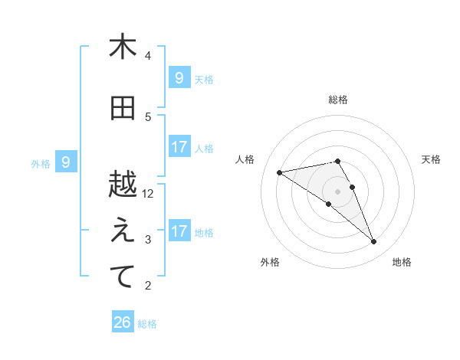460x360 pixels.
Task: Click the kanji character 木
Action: click(x=123, y=47)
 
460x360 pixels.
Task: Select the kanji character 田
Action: click(x=123, y=109)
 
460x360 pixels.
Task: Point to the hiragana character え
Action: click(x=123, y=231)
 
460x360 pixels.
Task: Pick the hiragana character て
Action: click(x=123, y=277)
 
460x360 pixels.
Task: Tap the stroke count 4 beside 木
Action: click(x=148, y=55)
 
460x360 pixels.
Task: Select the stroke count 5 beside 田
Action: click(x=148, y=116)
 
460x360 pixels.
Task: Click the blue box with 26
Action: click(x=123, y=323)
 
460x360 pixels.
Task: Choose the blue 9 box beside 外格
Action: click(x=66, y=162)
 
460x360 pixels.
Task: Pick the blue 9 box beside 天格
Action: click(x=179, y=77)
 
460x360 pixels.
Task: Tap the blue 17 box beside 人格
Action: click(x=179, y=146)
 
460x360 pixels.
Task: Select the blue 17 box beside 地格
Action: click(x=179, y=231)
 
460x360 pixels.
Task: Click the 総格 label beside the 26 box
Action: click(x=147, y=324)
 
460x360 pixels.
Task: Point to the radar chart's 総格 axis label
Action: click(x=337, y=100)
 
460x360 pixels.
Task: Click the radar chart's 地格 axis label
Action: click(x=402, y=262)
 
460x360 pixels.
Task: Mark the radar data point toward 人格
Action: click(x=280, y=172)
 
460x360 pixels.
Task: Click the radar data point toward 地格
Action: click(x=374, y=242)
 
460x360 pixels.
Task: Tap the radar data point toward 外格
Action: click(x=328, y=204)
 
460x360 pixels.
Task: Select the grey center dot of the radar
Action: click(x=337, y=191)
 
